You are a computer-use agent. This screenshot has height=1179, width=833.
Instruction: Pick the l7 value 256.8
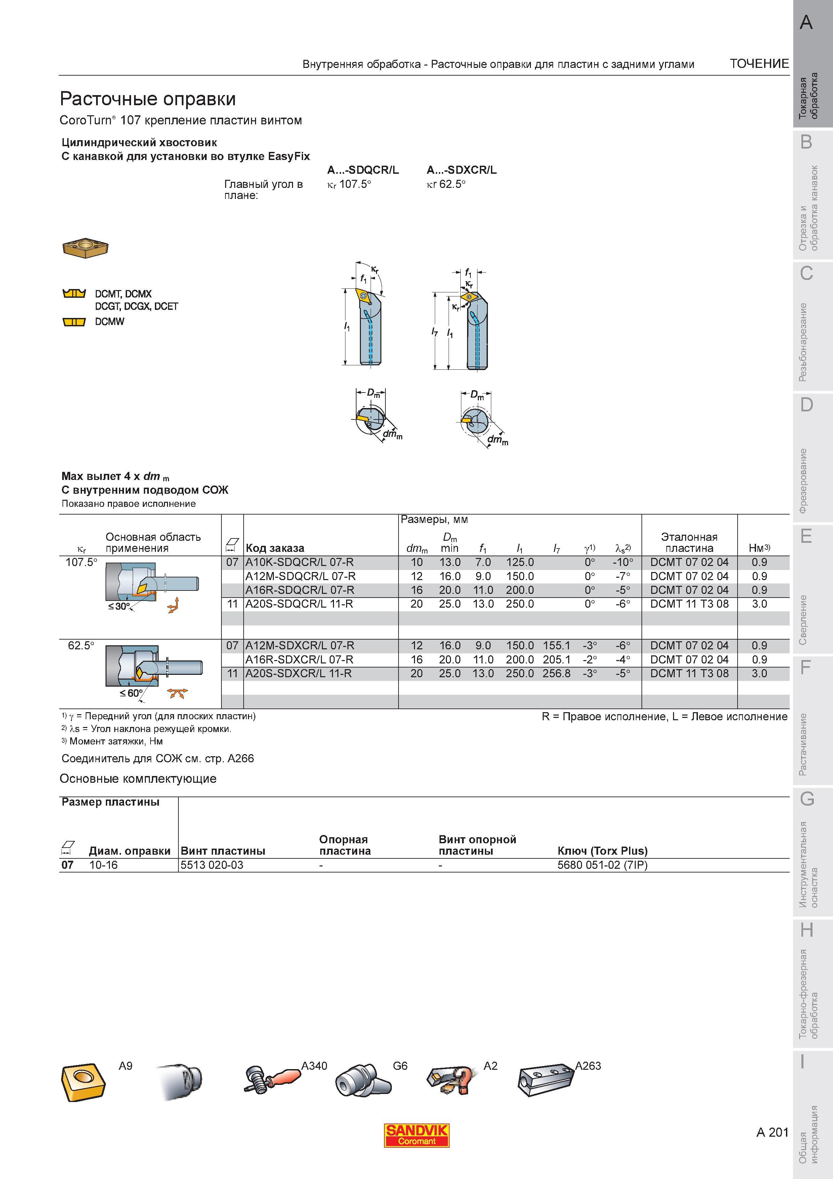[x=556, y=673]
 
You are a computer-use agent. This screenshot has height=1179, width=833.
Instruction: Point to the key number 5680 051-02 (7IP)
[x=602, y=865]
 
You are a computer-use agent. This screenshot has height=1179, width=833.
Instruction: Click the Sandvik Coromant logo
[x=417, y=1135]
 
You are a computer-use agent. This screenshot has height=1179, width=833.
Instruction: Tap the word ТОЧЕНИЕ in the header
[x=759, y=64]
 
